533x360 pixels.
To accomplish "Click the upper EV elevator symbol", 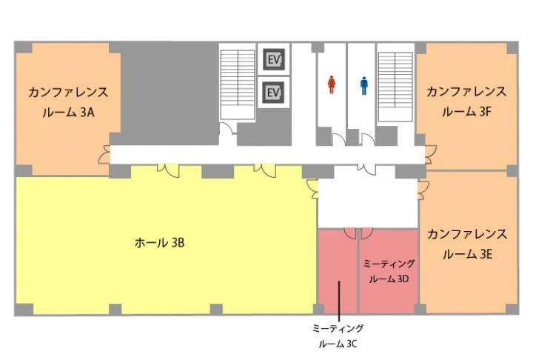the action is tap(274, 59).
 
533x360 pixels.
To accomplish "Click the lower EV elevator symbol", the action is tap(274, 93).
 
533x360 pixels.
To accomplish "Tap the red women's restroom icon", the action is tap(332, 84).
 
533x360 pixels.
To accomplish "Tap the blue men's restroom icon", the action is tap(364, 85).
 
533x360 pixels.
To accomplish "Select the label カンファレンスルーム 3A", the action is tap(68, 102).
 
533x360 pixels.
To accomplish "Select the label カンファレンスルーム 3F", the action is tap(466, 101).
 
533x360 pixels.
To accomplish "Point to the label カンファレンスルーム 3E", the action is tap(467, 244).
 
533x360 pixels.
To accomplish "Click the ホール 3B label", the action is tap(159, 243).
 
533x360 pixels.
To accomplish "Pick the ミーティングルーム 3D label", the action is tap(389, 271).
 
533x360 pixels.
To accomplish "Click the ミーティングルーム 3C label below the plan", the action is tap(338, 336).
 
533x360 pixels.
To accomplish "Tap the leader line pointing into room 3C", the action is tap(339, 301).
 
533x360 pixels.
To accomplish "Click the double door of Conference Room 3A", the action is tap(104, 155).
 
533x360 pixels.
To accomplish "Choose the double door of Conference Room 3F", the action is tap(431, 155).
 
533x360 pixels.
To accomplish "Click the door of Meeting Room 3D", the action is tap(366, 233).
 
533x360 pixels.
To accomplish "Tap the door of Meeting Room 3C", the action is tap(350, 233).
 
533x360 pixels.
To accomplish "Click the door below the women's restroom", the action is tap(338, 139).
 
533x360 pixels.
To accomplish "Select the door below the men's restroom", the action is tap(368, 139).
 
